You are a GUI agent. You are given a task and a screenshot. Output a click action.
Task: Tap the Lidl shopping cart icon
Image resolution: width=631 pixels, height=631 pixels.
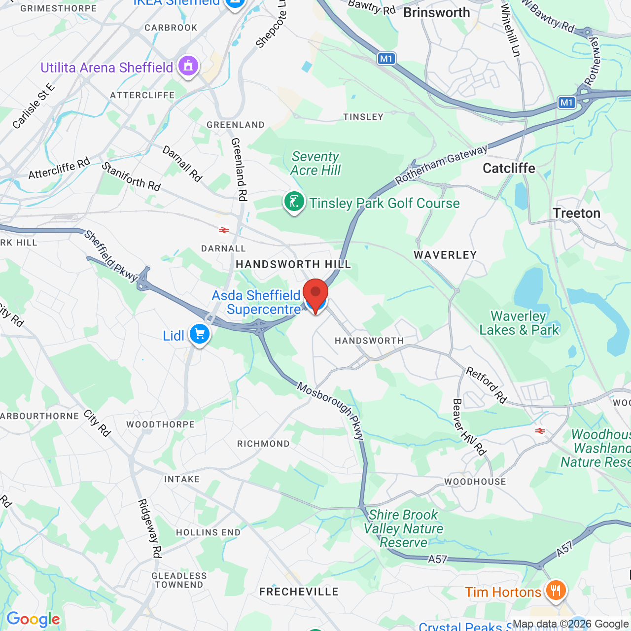point(200,335)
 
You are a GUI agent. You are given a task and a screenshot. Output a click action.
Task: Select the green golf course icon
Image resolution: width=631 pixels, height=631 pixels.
point(294,202)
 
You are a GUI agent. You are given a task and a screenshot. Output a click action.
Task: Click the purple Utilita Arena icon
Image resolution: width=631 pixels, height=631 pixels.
point(188,66)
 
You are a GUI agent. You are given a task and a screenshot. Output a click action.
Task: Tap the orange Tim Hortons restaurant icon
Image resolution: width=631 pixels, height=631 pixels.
point(556,590)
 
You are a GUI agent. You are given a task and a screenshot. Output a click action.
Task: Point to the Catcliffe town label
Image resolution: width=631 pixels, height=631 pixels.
point(509,168)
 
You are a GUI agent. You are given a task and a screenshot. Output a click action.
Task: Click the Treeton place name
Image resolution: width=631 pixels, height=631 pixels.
point(576,213)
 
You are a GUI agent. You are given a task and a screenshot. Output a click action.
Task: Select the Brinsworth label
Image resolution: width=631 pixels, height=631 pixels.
point(436,12)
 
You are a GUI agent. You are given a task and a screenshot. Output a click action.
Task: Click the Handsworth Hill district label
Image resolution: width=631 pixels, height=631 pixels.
point(293,264)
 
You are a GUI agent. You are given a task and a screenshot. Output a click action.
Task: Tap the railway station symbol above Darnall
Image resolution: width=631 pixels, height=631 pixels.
point(224,230)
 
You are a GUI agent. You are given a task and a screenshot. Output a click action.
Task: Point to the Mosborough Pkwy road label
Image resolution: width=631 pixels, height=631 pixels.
point(331,411)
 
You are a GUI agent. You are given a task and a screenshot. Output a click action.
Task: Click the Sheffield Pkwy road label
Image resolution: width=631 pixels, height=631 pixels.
point(110,256)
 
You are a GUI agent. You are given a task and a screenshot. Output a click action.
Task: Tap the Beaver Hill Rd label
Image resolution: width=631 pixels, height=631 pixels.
point(469,427)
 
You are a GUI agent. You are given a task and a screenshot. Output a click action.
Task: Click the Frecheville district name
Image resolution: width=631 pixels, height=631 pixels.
point(299,592)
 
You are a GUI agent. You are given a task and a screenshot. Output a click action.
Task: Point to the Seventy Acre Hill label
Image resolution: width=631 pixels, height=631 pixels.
point(315,163)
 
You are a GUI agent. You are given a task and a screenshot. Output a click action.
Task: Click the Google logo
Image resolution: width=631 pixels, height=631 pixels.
point(33,619)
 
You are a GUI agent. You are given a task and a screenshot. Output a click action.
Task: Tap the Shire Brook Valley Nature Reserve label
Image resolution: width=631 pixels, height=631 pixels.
point(403,528)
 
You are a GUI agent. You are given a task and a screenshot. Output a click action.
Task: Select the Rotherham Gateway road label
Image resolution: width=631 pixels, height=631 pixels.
point(441,164)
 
